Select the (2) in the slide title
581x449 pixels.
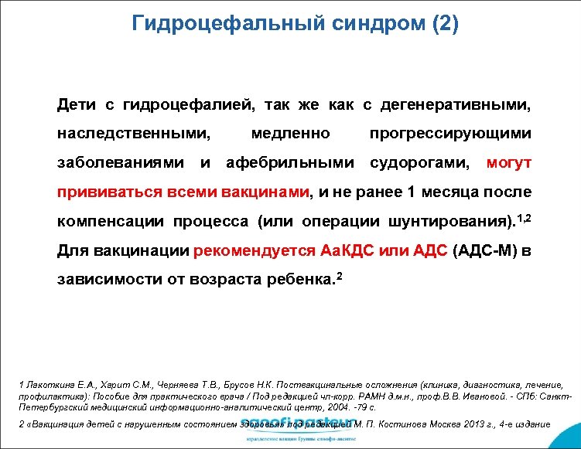click(441, 23)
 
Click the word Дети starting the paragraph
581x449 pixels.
click(77, 103)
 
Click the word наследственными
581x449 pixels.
click(134, 133)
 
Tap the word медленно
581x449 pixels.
click(291, 133)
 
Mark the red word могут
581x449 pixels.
click(508, 163)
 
